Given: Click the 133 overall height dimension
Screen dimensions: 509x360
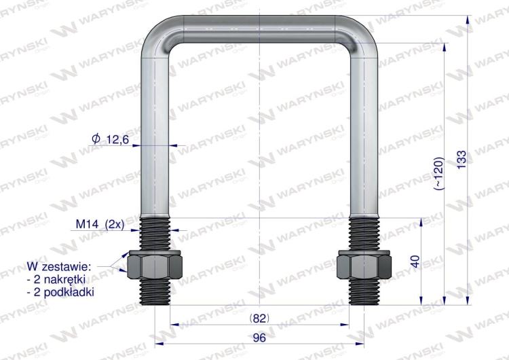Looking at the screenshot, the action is (x=461, y=159).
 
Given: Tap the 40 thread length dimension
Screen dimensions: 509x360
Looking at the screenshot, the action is (x=415, y=262).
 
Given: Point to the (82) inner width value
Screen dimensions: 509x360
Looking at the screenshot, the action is (x=259, y=319).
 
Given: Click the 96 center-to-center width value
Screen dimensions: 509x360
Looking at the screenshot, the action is (x=259, y=338).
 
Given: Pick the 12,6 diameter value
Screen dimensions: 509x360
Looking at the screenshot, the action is (x=117, y=140).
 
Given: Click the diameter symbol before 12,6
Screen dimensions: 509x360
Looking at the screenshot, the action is (x=96, y=139).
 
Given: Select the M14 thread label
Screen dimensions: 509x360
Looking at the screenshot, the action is (x=87, y=224).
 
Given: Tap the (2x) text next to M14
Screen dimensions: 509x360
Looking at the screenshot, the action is (x=115, y=225).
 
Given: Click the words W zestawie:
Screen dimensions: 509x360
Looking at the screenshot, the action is (x=60, y=267).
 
